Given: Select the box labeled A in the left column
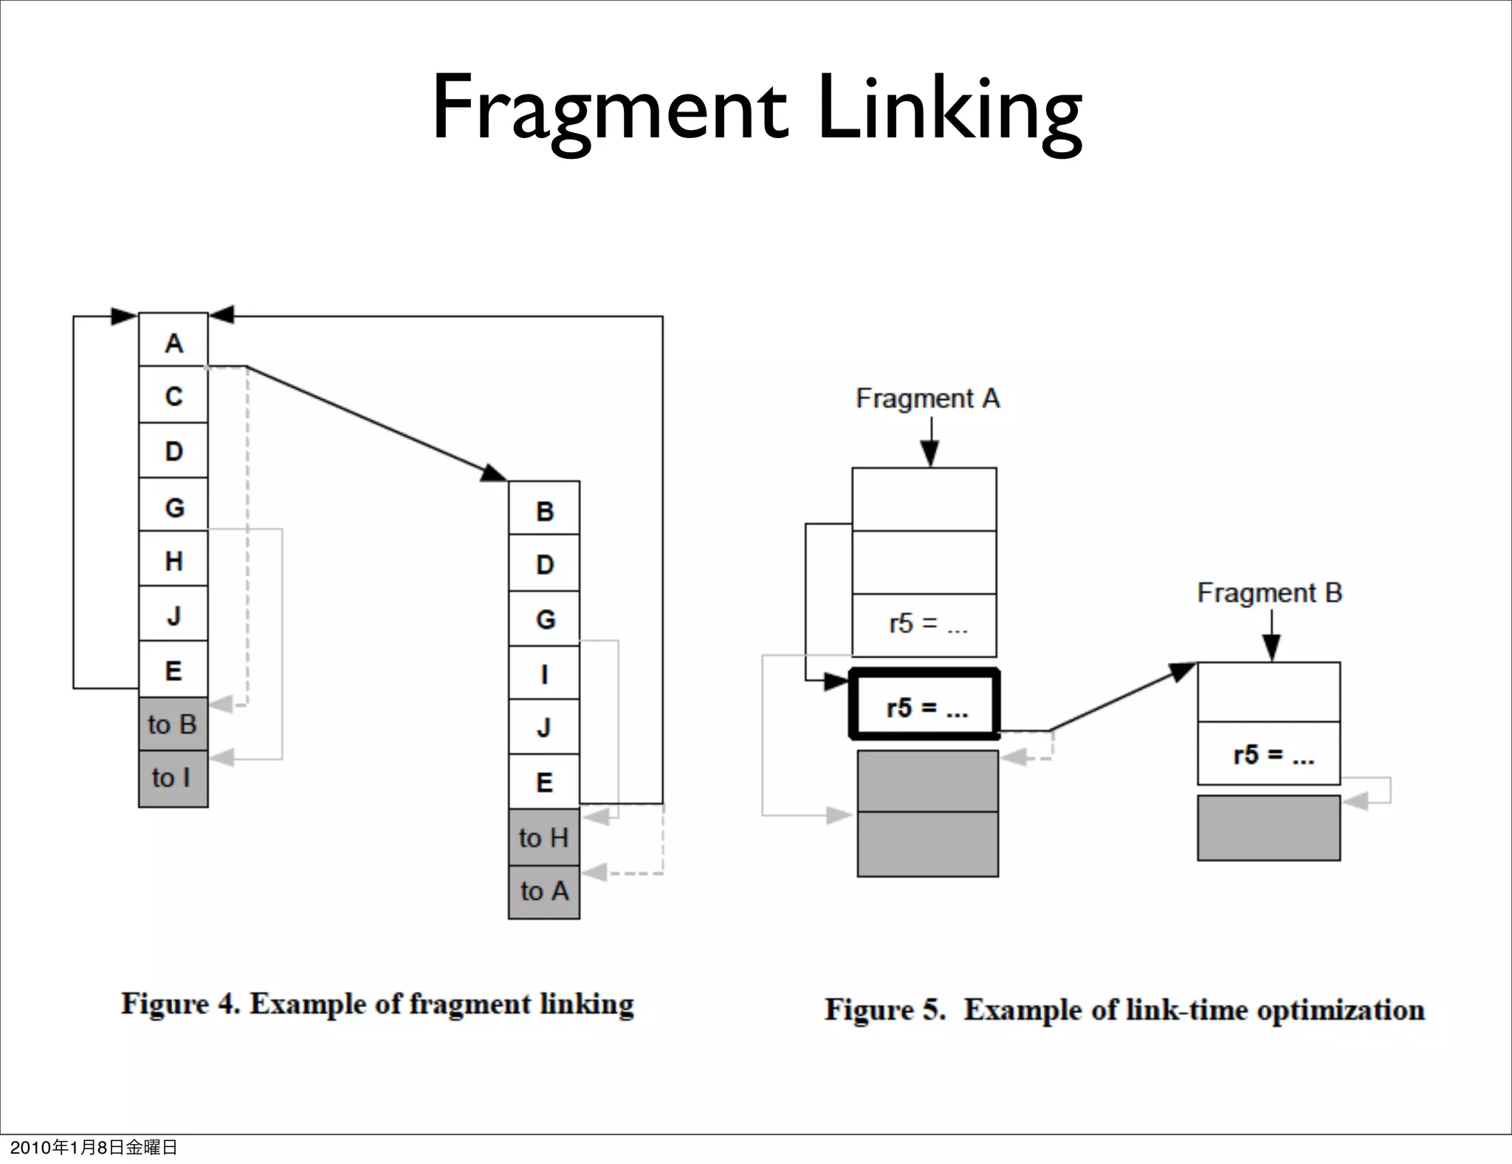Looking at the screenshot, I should coord(173,341).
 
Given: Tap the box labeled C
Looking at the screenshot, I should coord(173,396).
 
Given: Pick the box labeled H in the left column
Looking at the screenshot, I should coord(173,561).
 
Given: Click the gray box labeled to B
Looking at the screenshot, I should coord(173,725).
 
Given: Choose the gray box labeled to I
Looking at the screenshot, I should coord(173,778).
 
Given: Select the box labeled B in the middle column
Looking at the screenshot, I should coord(544,510).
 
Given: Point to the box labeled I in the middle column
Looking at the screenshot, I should coord(544,674).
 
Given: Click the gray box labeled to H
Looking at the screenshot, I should coord(544,838).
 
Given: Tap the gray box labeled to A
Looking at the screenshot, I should coord(544,891).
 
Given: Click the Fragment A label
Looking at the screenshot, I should coord(927,399).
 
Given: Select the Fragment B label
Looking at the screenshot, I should coord(1269,593).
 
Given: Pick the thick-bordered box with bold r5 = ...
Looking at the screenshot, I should coord(925,706).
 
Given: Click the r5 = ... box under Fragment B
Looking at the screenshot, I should coord(1268,754).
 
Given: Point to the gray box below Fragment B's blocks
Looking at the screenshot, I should coord(1268,828).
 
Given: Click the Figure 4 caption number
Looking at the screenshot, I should coord(224,1004).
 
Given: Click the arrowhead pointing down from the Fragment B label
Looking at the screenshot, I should coord(1271,649).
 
